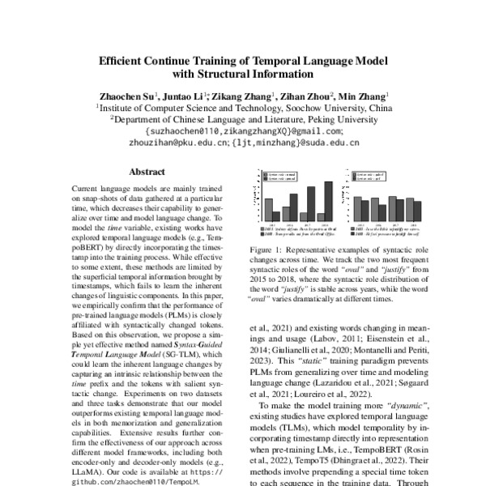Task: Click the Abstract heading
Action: pos(147,173)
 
